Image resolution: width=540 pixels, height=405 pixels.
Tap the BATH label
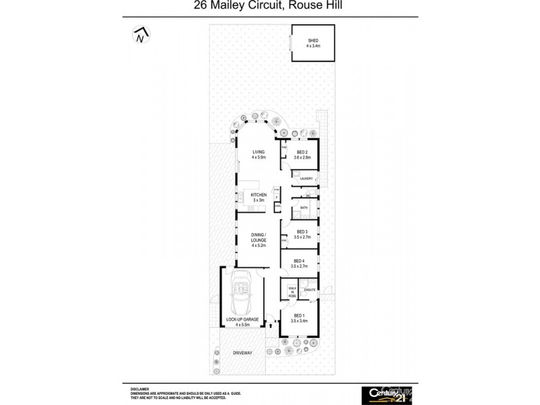304,208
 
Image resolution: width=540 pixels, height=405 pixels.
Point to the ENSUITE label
310,290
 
